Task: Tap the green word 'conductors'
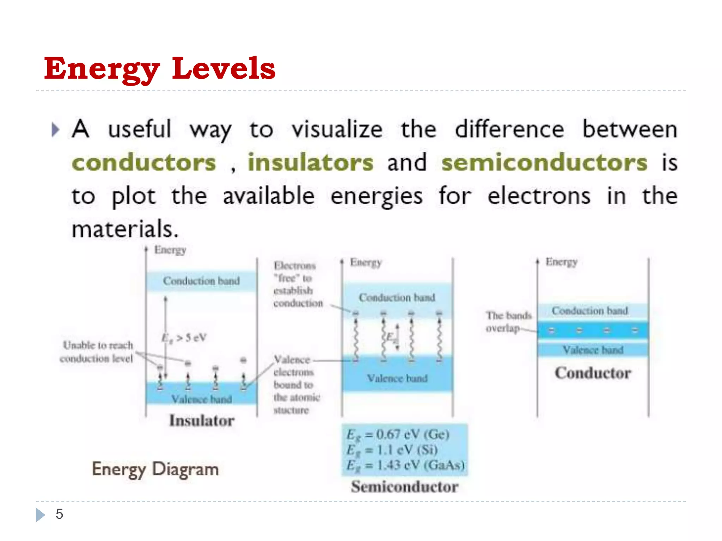(144, 163)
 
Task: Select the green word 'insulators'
(310, 163)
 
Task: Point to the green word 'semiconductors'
(544, 163)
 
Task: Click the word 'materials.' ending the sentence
(125, 229)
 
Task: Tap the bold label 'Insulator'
(202, 421)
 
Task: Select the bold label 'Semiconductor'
(405, 487)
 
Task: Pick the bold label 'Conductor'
(593, 373)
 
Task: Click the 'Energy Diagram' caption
(155, 470)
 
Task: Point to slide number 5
(59, 514)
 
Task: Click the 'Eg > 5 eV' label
(184, 338)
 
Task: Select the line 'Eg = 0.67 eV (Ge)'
(398, 435)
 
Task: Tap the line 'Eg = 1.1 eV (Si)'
(392, 450)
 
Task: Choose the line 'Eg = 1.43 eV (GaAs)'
(405, 465)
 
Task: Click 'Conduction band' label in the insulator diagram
(201, 281)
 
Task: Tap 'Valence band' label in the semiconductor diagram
(397, 378)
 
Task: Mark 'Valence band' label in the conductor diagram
(593, 350)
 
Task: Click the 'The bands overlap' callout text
(508, 322)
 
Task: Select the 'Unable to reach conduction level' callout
(97, 352)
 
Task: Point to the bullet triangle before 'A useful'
(55, 130)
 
